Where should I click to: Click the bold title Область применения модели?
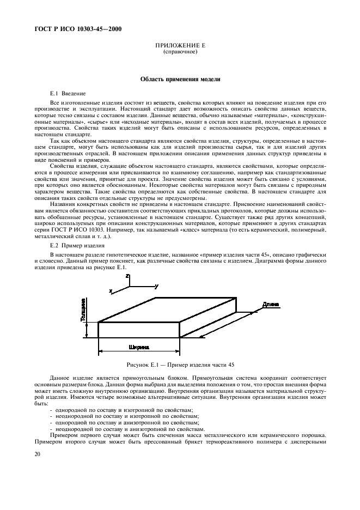[180, 79]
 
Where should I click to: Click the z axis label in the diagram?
[127, 277]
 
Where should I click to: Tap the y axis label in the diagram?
[156, 286]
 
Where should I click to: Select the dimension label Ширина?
[139, 347]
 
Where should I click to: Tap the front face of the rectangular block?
[139, 330]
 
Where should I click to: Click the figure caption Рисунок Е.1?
[180, 364]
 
